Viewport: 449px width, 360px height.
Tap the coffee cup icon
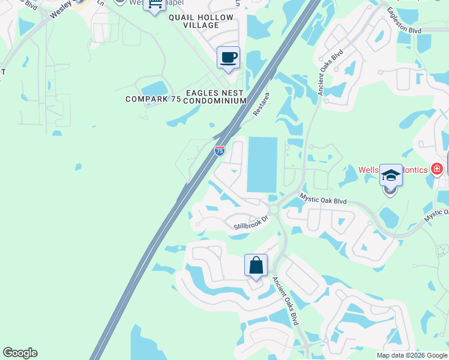coord(228,58)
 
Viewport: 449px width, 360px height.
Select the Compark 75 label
coord(153,99)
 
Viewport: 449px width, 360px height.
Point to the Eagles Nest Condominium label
coord(215,97)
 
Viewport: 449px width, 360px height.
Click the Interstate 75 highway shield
coord(220,151)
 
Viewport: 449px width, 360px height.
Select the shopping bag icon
coord(256,265)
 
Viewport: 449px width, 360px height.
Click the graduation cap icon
coord(391,175)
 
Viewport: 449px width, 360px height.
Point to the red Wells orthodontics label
coord(393,170)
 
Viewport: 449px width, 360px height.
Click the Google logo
coord(20,353)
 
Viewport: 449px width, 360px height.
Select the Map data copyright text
coord(411,355)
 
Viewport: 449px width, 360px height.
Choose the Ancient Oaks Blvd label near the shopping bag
coord(286,301)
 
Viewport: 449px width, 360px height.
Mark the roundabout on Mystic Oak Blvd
coord(274,209)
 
